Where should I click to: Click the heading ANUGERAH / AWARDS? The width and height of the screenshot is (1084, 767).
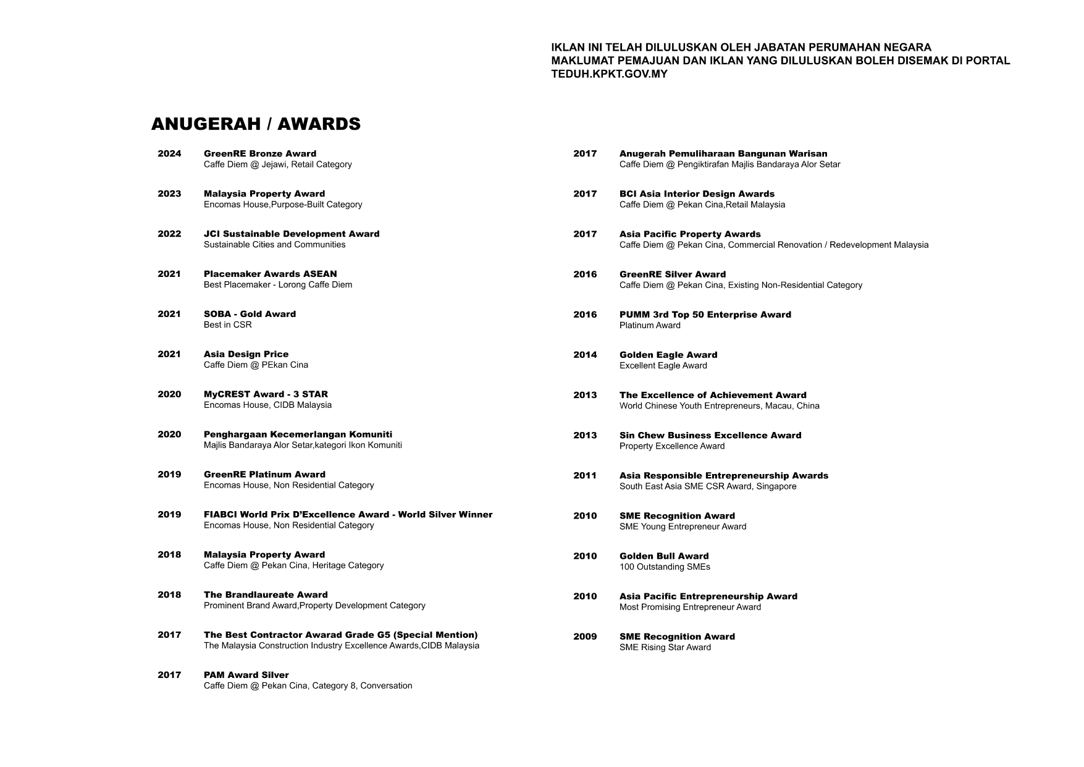tap(256, 124)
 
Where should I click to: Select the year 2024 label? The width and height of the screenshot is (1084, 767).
tap(169, 154)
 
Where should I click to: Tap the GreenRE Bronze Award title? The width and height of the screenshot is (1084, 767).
tap(260, 154)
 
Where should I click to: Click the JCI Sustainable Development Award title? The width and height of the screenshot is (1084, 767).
tap(292, 234)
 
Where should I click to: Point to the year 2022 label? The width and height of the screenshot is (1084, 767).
tap(169, 234)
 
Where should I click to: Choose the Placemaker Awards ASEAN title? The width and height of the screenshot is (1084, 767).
tap(271, 274)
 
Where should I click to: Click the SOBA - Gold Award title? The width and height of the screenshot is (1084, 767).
tap(250, 315)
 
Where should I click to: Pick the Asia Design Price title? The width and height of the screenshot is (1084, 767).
tap(246, 354)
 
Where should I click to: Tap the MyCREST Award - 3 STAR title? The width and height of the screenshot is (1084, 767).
tap(266, 394)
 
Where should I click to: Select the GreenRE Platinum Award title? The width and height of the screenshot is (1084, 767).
tap(264, 475)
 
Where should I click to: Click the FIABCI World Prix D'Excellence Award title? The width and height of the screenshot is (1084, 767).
tap(348, 515)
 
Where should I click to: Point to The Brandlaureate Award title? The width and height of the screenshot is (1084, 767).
tap(266, 595)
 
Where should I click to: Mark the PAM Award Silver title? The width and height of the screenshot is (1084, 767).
tap(246, 676)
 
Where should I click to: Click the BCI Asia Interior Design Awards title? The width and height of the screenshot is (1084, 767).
tap(697, 194)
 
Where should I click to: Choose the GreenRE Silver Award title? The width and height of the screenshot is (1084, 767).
tap(673, 274)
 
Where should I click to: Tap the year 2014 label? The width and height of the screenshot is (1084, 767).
tap(585, 355)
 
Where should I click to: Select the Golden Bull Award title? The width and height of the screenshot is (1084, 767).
tap(664, 556)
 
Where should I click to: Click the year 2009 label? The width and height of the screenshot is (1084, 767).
tap(585, 637)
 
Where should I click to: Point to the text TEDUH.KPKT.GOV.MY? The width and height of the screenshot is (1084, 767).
tap(609, 74)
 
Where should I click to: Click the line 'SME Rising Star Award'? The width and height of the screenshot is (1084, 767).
tap(665, 648)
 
